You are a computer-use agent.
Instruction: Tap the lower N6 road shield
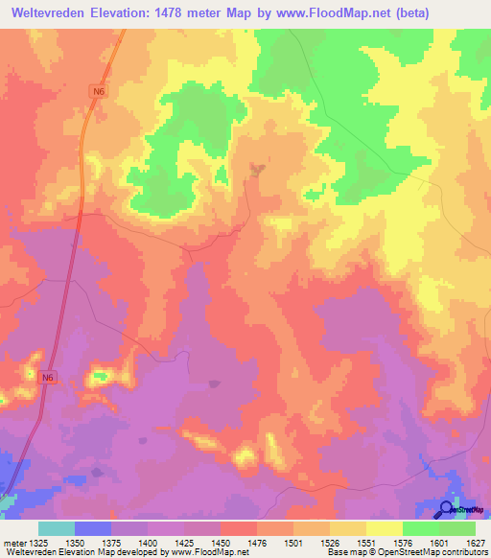coord(48,378)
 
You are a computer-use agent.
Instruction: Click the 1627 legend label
coord(474,543)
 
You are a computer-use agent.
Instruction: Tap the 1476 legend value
coord(256,543)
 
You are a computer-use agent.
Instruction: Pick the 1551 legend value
coord(365,543)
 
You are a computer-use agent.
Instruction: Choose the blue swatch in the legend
coord(92,528)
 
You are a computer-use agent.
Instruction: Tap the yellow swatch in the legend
coord(384,528)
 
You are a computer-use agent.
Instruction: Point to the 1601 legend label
coord(437,543)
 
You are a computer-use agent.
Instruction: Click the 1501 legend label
coord(292,543)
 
